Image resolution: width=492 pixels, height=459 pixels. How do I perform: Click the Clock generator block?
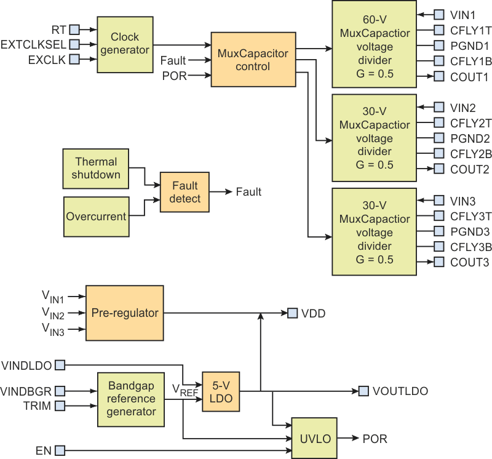[125, 44]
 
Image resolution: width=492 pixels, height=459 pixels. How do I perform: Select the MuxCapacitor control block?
[253, 60]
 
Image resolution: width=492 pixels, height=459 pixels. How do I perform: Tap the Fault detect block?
[185, 192]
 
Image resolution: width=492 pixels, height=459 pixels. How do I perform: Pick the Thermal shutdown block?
[96, 168]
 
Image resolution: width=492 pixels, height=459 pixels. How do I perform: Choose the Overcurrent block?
[96, 217]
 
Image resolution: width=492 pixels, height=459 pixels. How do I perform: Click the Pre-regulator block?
[125, 313]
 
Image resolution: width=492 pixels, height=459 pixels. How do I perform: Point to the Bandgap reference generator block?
[131, 399]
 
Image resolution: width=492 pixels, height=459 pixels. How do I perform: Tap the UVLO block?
[315, 439]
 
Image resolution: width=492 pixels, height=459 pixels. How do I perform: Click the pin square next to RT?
[74, 28]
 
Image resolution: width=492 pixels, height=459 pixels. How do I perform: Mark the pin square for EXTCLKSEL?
[74, 44]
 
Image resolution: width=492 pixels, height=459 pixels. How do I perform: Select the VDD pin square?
[292, 313]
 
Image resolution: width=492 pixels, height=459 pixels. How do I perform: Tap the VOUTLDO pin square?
[363, 391]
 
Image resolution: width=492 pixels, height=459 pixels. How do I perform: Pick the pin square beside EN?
[60, 452]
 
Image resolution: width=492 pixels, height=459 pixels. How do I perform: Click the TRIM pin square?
[60, 406]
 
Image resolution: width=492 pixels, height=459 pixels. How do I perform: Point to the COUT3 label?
[469, 263]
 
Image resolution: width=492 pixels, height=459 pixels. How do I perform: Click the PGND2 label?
[469, 138]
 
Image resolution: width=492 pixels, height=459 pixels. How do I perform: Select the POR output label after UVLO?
[375, 439]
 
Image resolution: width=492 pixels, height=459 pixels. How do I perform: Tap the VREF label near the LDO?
[184, 389]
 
